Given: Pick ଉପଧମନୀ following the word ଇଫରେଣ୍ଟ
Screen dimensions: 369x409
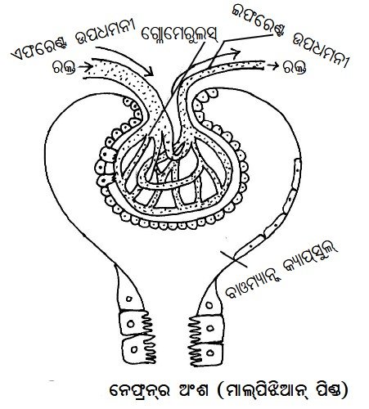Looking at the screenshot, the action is point(321,51).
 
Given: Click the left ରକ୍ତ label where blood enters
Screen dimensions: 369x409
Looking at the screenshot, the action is point(65,67).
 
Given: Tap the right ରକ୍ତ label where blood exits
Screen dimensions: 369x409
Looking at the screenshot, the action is point(295,67).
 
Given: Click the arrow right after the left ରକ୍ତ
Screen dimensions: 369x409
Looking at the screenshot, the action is point(84,66).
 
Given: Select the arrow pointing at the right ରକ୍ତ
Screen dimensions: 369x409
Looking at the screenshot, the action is point(273,65).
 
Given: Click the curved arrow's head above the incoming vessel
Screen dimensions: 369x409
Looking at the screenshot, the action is point(150,72).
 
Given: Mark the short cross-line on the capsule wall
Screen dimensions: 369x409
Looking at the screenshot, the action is point(233,259).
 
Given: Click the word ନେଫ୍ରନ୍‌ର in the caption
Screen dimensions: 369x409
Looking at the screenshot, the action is point(140,390).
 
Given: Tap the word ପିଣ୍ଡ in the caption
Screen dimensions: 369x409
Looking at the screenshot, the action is point(331,390).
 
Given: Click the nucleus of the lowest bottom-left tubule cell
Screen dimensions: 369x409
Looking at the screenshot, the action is point(134,349).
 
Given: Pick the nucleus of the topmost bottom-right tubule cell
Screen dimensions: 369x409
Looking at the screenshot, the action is point(209,304).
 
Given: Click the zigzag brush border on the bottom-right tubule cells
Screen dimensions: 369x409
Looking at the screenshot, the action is point(195,341).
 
